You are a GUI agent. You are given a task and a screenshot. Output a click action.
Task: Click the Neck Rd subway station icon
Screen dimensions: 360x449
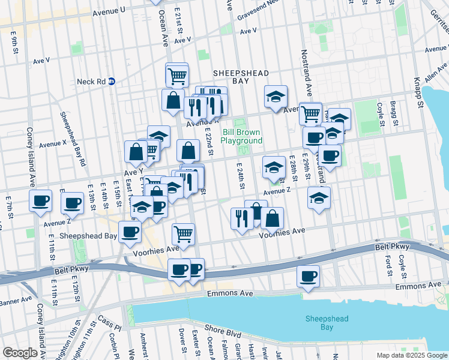(x=112, y=82)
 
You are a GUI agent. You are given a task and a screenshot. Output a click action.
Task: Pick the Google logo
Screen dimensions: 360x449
(x=20, y=352)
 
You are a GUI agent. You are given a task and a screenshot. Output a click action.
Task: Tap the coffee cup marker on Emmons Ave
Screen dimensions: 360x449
(x=308, y=276)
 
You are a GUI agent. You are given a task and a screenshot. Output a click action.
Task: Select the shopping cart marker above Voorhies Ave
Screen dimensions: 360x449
(x=183, y=233)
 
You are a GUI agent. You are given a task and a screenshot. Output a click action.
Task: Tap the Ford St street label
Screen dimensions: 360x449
(x=389, y=265)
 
